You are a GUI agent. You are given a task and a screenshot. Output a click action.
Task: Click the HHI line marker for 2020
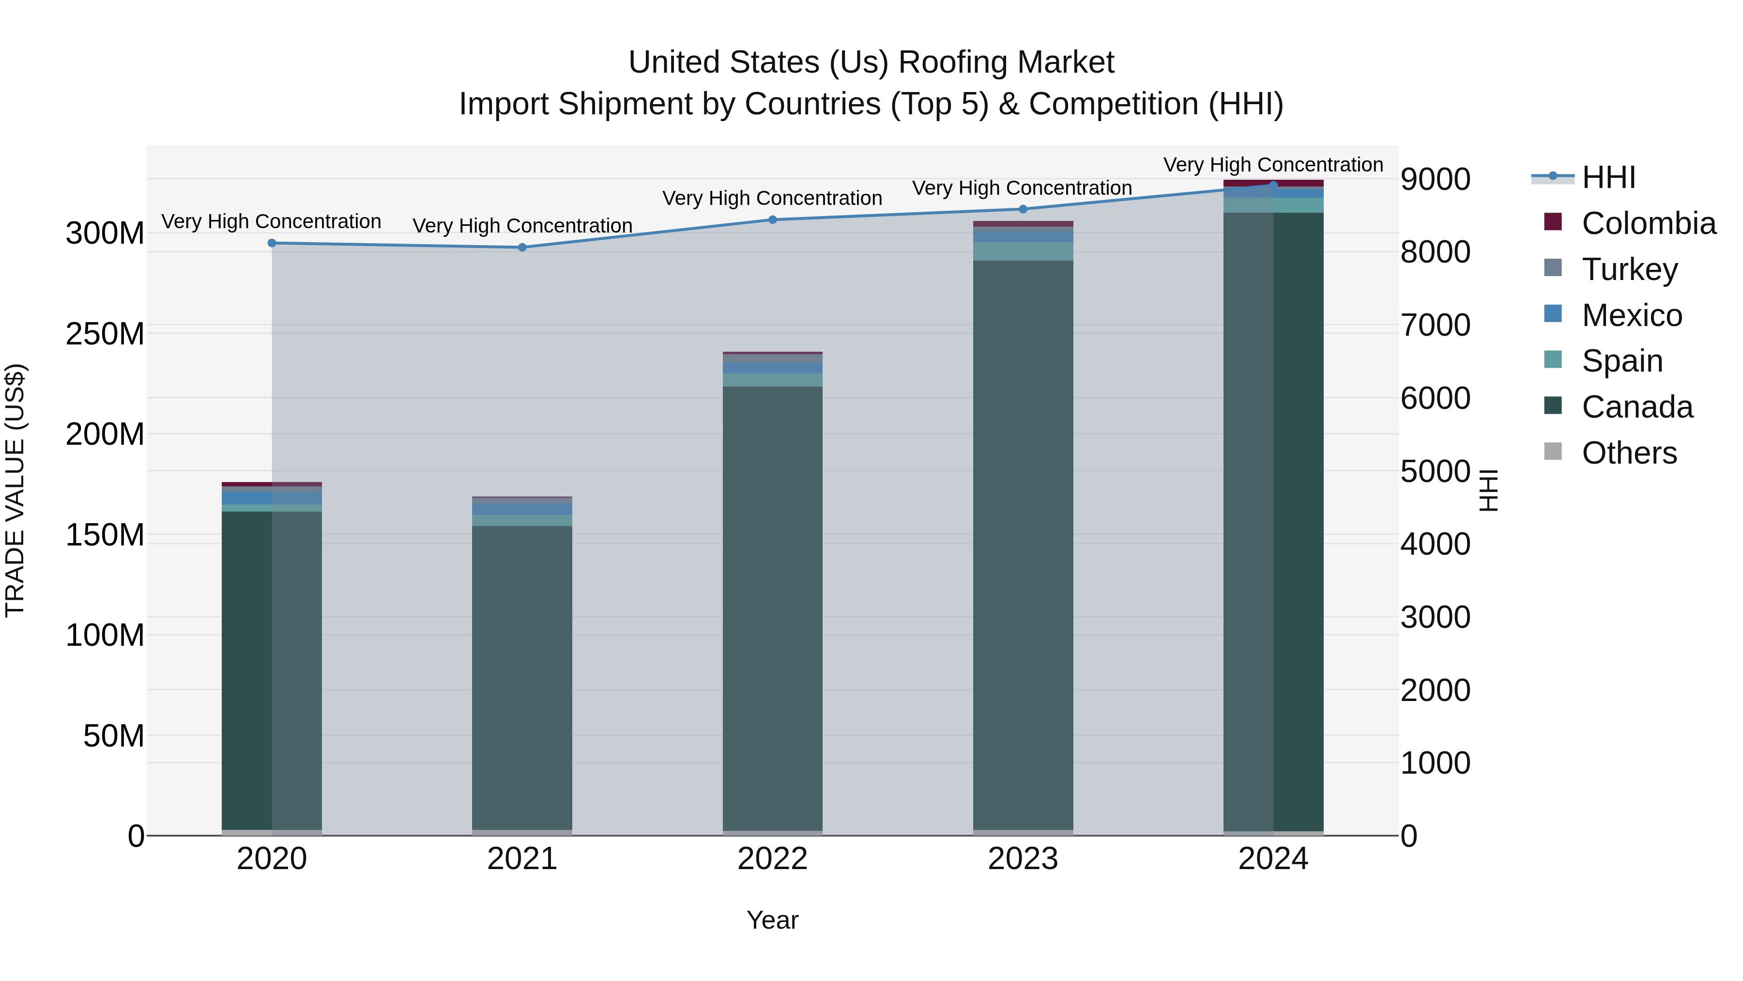(272, 243)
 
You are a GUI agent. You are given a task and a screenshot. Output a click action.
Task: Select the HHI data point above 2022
(773, 219)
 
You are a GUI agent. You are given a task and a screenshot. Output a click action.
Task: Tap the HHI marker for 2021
(522, 248)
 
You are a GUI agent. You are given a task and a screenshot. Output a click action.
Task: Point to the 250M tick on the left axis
(105, 334)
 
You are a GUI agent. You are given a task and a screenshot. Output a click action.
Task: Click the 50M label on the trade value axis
(114, 736)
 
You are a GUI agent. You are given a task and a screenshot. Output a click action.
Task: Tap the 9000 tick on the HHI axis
(1435, 179)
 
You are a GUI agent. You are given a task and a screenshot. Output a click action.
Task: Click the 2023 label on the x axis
(1023, 859)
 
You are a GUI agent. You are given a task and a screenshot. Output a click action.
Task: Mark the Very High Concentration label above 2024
(1273, 165)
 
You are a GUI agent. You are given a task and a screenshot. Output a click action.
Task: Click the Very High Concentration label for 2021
(522, 225)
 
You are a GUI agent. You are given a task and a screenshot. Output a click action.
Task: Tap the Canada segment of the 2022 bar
(773, 609)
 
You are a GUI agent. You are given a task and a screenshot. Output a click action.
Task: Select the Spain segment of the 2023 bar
(1023, 251)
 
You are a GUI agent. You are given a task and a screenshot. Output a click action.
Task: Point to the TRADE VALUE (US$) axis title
(15, 490)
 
